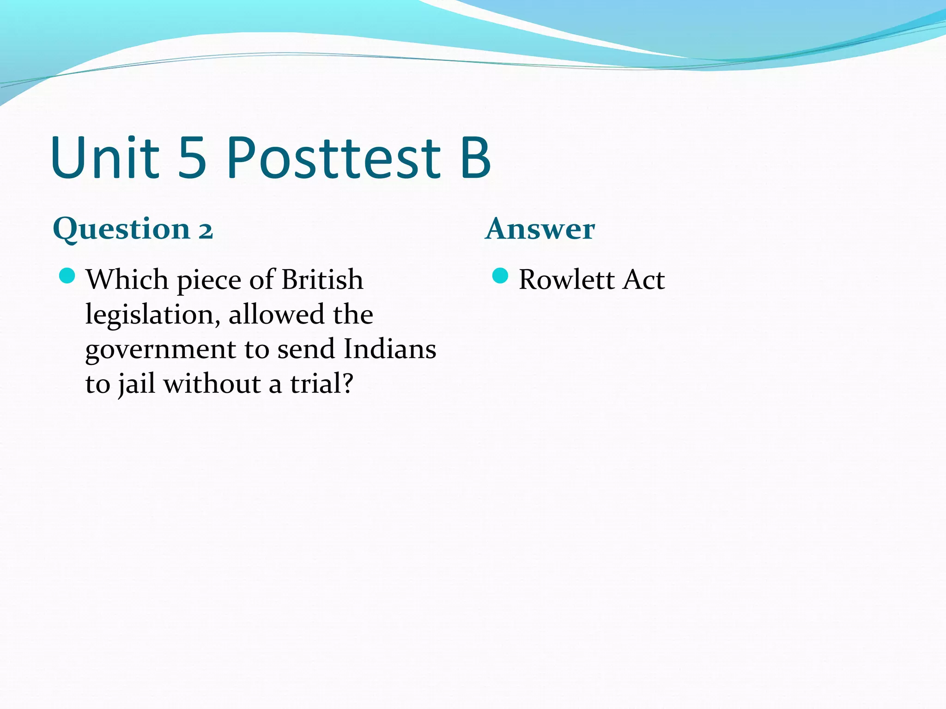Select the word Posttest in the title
tap(334, 158)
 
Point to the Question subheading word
tap(121, 229)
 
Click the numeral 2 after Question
tap(206, 231)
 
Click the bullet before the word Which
tap(67, 276)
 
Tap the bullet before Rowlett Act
tap(500, 276)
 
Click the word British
tap(322, 280)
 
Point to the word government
tap(160, 350)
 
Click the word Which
tap(127, 280)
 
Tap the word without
tap(212, 384)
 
